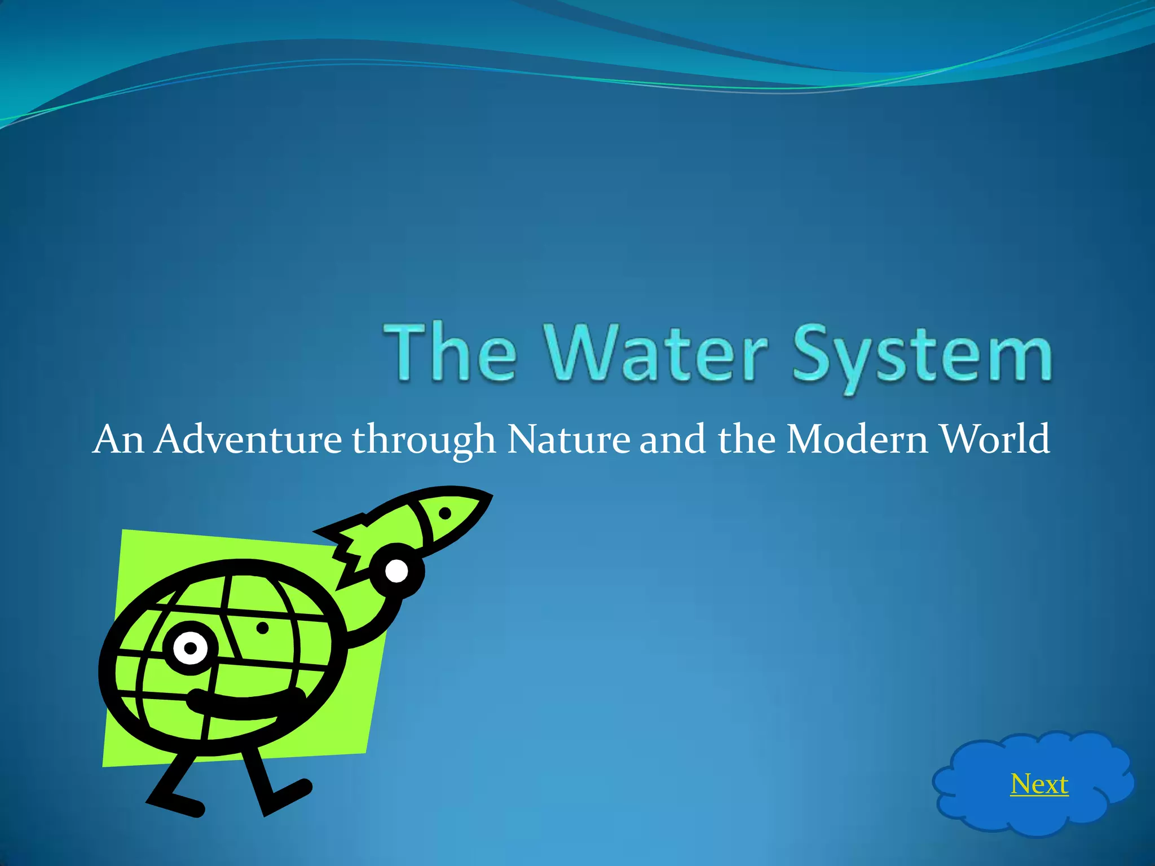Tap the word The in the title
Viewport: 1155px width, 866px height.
(450, 354)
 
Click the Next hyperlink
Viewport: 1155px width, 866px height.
(1039, 784)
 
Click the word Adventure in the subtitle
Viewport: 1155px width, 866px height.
(248, 439)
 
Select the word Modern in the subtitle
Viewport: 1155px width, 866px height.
(857, 439)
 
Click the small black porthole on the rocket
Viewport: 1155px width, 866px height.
(445, 513)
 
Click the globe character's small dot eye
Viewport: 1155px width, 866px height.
(262, 628)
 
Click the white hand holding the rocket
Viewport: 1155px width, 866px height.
(396, 572)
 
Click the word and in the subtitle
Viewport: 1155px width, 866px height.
(672, 439)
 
